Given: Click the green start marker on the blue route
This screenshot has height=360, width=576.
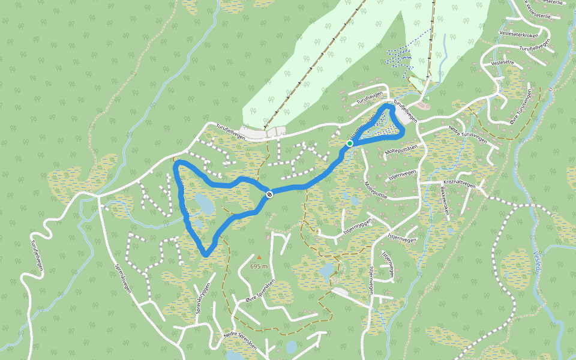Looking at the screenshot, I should pos(349,143).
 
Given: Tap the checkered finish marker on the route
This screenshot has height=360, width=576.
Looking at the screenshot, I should pos(270,194).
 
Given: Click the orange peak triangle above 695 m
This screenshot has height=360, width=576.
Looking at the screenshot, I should pos(259,257).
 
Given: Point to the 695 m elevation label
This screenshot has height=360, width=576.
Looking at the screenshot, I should pos(259,266).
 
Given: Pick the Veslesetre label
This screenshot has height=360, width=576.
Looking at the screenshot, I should pos(503,62).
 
